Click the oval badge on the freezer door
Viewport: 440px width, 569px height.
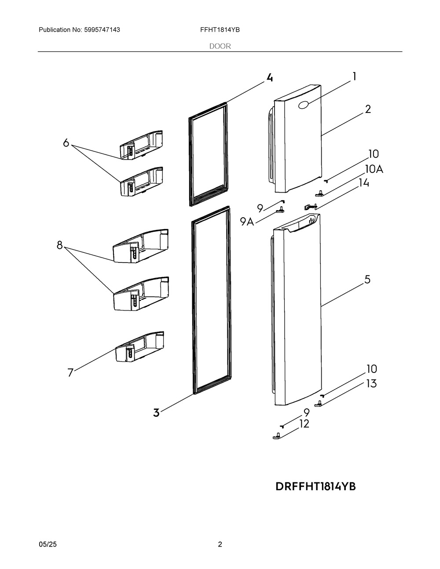coord(304,105)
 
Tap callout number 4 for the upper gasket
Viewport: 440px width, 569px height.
coord(269,77)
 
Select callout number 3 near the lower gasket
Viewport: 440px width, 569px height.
coord(156,412)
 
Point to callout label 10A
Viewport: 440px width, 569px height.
coord(374,169)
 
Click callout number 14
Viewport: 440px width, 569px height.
coord(364,183)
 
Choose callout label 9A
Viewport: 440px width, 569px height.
coord(247,222)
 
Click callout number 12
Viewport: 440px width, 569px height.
coord(304,424)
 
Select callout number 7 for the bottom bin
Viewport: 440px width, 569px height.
coord(70,372)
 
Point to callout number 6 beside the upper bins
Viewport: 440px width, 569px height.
coord(66,143)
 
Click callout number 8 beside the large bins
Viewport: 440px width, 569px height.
coord(60,245)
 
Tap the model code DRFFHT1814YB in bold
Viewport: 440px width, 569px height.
coord(315,487)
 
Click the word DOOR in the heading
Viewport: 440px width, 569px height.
coord(220,46)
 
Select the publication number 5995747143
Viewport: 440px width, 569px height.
coord(102,30)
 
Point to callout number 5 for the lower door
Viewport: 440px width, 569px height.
coord(367,280)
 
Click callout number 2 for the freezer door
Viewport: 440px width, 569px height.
coord(368,109)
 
